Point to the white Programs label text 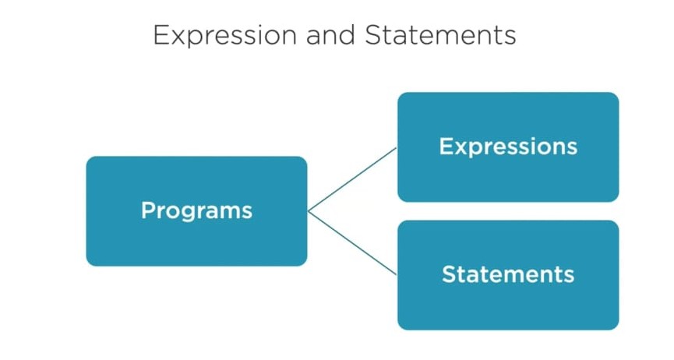point(196,210)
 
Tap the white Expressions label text point(508,146)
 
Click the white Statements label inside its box point(508,274)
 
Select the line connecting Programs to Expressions point(352,179)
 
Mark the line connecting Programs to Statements point(352,242)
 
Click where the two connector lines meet point(309,210)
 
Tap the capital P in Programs point(147,210)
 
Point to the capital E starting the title point(161,35)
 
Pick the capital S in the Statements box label point(448,274)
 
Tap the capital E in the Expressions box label point(445,146)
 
